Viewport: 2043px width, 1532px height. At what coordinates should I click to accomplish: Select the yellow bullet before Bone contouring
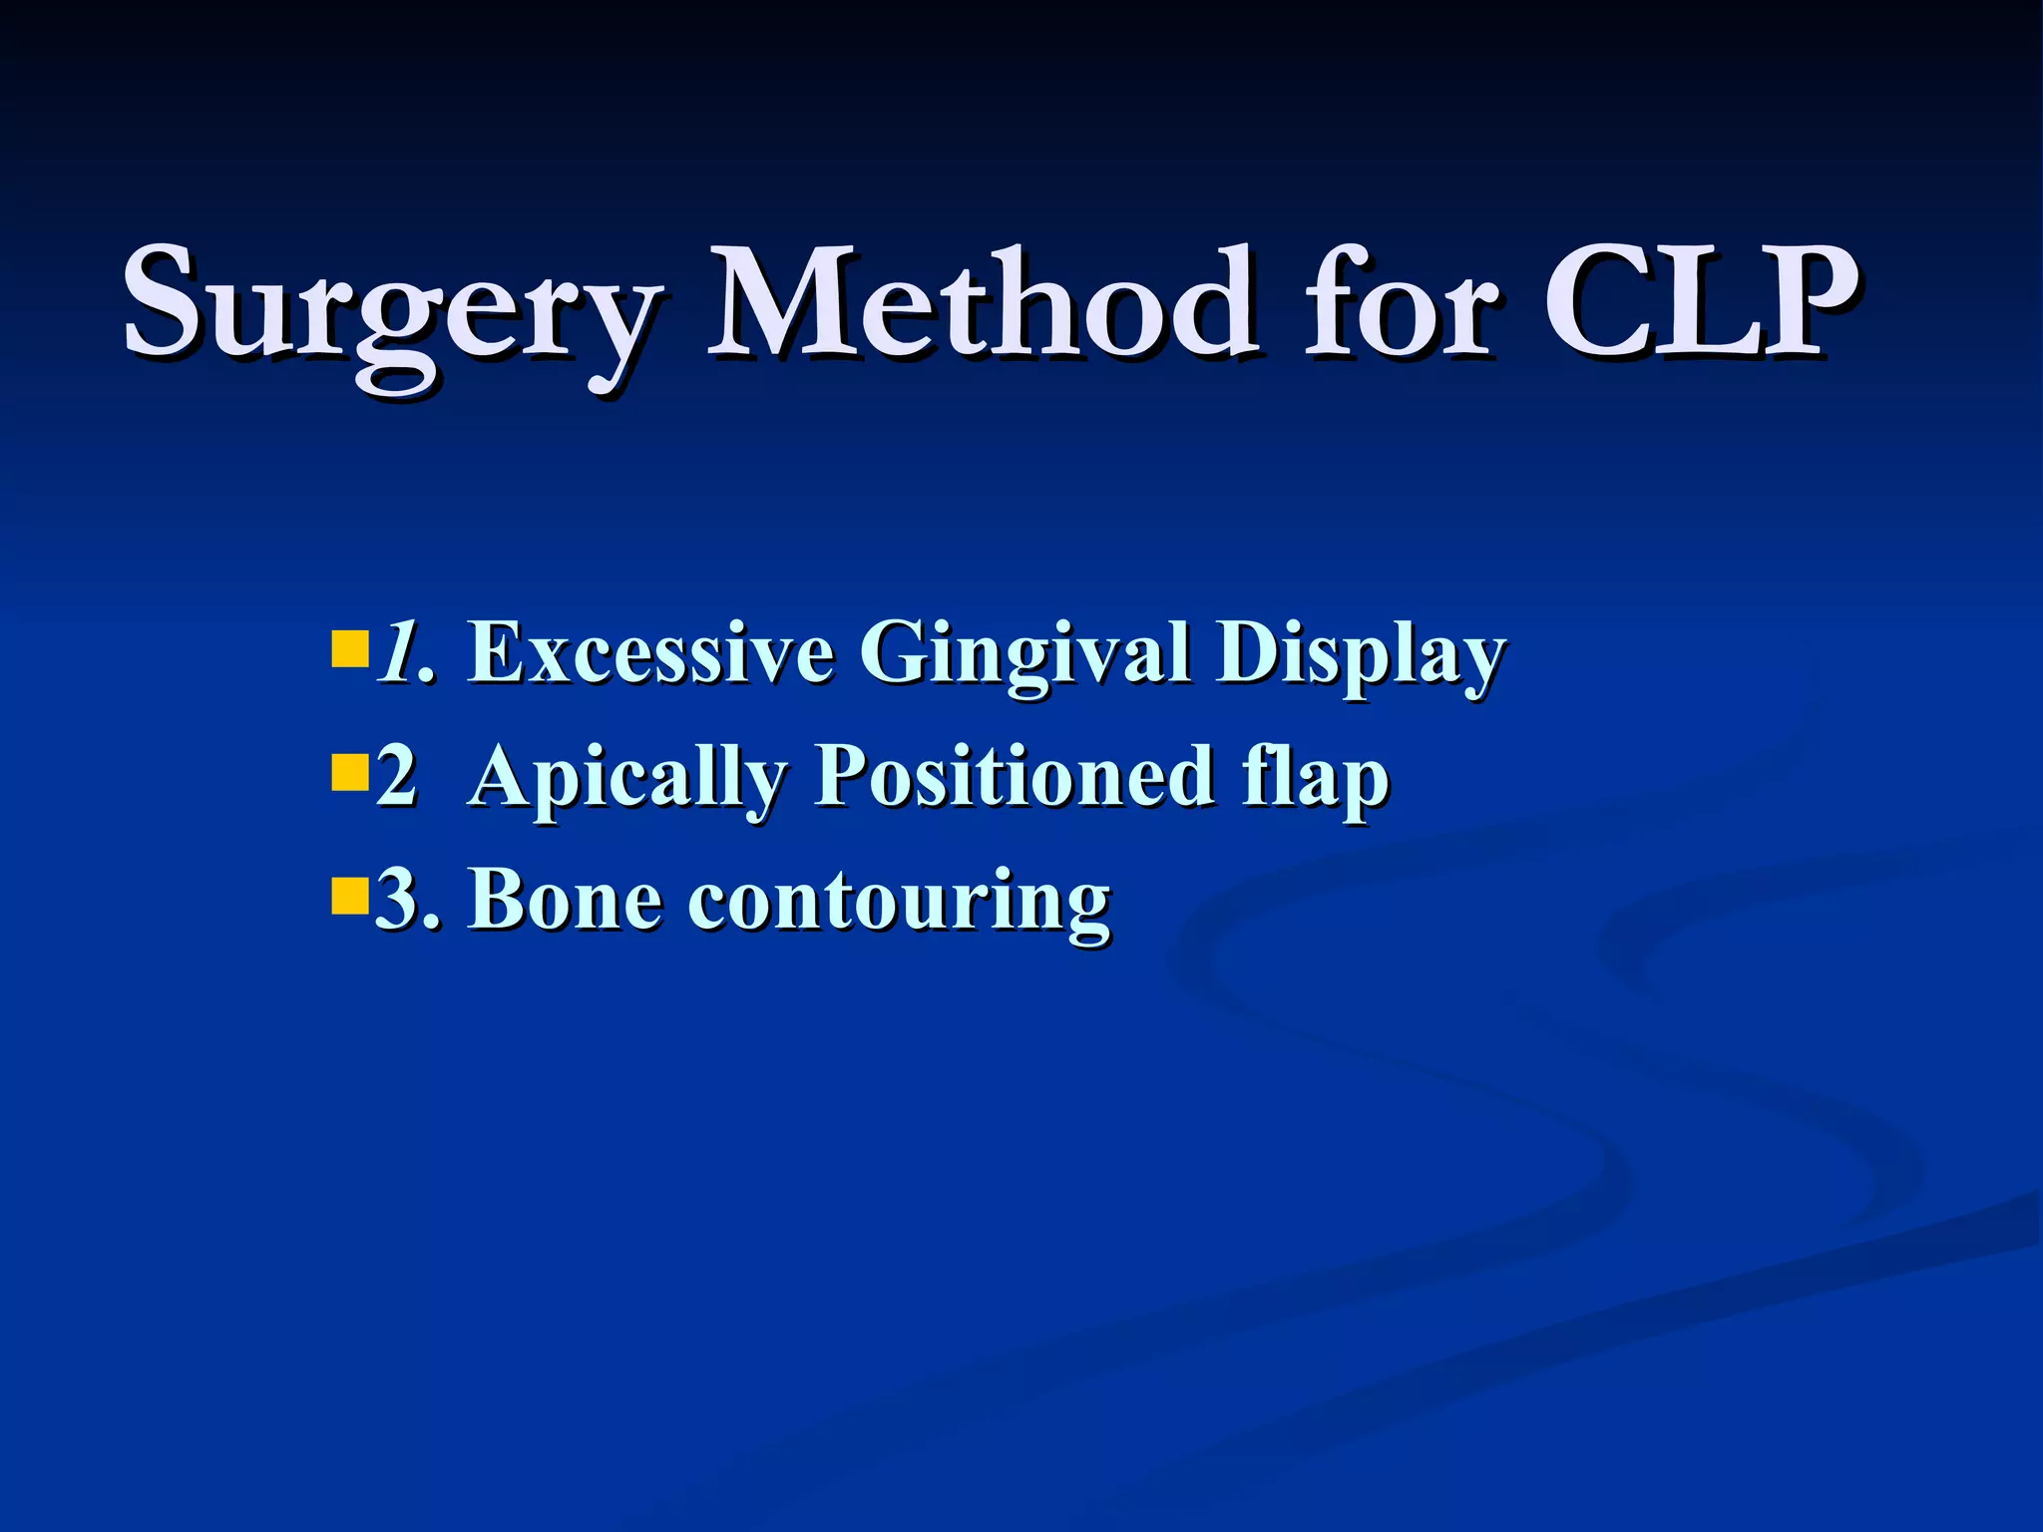click(x=348, y=896)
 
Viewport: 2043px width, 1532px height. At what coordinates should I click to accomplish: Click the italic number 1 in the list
click(x=397, y=653)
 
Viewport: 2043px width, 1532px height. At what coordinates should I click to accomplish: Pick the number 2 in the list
click(x=396, y=777)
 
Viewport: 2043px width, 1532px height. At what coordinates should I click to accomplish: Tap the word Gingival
click(x=1024, y=656)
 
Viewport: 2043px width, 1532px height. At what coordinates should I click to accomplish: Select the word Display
click(x=1360, y=656)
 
